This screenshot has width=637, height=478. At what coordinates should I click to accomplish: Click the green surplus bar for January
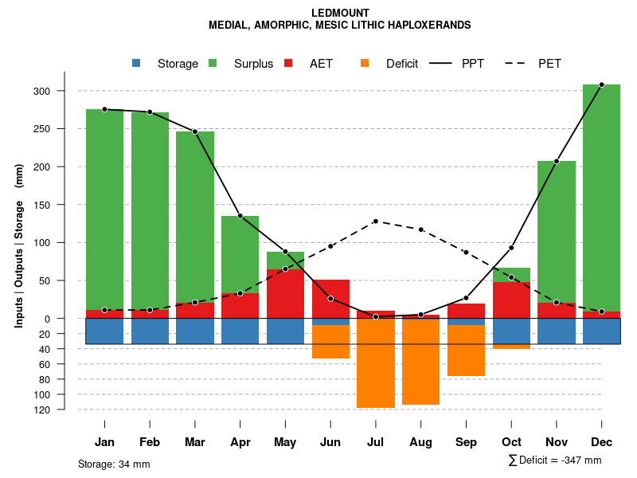click(104, 207)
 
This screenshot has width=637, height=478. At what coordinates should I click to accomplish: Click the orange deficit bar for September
click(466, 351)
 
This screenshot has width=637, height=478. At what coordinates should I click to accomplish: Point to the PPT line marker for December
click(601, 84)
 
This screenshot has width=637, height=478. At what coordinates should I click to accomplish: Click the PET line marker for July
click(376, 221)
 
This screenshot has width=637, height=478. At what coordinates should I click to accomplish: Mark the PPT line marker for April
click(240, 216)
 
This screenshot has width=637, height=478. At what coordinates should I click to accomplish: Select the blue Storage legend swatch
click(137, 64)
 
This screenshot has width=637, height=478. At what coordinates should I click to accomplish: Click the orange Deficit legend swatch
click(365, 64)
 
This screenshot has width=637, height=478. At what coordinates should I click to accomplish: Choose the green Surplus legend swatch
click(213, 64)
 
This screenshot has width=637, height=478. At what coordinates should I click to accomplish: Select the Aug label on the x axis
click(420, 442)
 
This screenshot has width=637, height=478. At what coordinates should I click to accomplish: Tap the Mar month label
click(195, 442)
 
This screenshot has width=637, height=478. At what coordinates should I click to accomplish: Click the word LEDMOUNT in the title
click(340, 13)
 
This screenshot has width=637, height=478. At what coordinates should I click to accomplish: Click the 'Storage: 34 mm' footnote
click(114, 464)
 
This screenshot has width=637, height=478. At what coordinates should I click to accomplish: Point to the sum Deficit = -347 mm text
click(555, 460)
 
